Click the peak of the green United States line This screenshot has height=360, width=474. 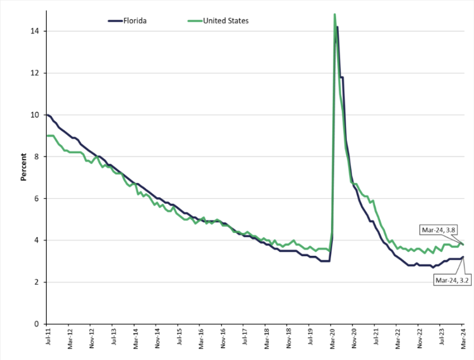pos(334,14)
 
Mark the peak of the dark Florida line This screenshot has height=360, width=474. pos(337,27)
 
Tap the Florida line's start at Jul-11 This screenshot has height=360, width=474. pos(47,115)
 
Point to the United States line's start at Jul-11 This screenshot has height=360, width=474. pos(47,136)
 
